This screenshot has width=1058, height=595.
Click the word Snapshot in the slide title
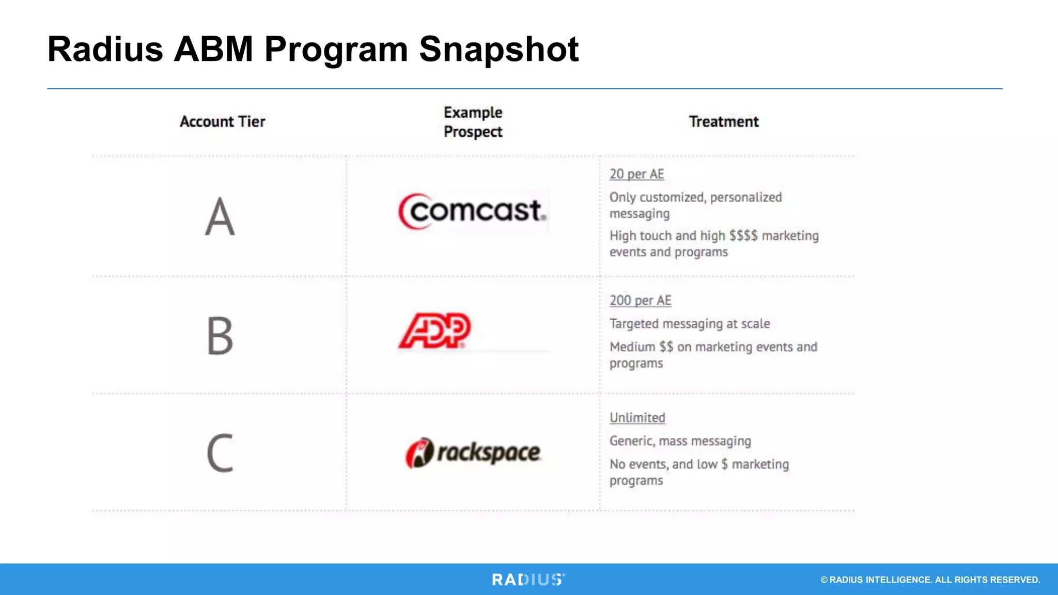499,50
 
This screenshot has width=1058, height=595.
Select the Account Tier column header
223,122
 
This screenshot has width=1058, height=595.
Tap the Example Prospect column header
473,122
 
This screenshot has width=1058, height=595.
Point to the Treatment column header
724,122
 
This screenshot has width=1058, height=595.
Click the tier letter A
220,217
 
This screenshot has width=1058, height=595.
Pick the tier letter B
220,336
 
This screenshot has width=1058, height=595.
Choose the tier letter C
220,453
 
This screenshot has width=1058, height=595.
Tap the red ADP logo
434,331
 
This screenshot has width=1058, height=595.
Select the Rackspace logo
473,453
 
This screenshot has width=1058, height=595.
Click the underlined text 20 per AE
636,175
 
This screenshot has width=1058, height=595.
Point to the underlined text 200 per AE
640,301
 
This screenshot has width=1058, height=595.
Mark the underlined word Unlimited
637,418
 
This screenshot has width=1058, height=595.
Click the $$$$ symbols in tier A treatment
743,236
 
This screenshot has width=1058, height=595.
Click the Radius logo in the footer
528,580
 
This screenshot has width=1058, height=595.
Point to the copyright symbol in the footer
824,580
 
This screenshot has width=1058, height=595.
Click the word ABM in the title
213,50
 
